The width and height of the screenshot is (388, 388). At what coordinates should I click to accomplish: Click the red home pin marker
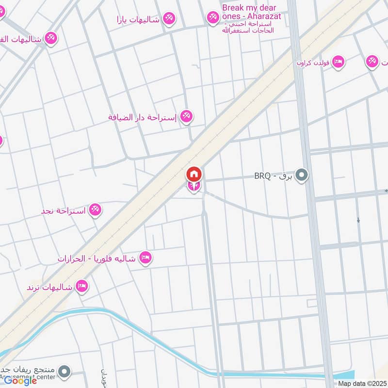point(194,174)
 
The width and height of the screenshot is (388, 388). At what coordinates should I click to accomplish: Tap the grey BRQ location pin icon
point(302,175)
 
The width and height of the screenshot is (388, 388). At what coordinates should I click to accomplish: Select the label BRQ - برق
point(274,176)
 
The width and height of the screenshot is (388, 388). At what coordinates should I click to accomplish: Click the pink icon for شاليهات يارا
point(169,18)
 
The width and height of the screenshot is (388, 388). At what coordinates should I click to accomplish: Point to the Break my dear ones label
point(249,13)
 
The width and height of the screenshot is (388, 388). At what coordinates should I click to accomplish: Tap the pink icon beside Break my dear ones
point(212,18)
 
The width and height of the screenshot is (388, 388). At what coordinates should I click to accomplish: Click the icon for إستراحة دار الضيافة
point(186,116)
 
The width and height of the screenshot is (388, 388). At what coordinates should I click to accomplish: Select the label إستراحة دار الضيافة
point(144,117)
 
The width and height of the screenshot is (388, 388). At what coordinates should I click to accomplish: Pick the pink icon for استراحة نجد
point(95,210)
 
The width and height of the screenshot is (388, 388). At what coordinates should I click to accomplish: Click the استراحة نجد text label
point(64,211)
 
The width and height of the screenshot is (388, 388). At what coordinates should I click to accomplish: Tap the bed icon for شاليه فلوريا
point(145,258)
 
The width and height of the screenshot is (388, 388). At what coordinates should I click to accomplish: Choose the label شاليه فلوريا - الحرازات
point(97,258)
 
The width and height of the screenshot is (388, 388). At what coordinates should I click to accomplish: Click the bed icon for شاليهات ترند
point(81,286)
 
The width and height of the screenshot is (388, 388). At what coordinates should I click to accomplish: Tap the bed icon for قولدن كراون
point(338,62)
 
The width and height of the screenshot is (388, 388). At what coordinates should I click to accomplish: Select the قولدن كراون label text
point(313,63)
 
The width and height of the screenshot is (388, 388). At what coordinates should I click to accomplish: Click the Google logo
point(20,381)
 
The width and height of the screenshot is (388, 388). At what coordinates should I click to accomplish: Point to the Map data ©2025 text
point(361,384)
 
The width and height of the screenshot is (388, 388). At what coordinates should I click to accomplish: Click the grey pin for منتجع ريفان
point(64,372)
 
